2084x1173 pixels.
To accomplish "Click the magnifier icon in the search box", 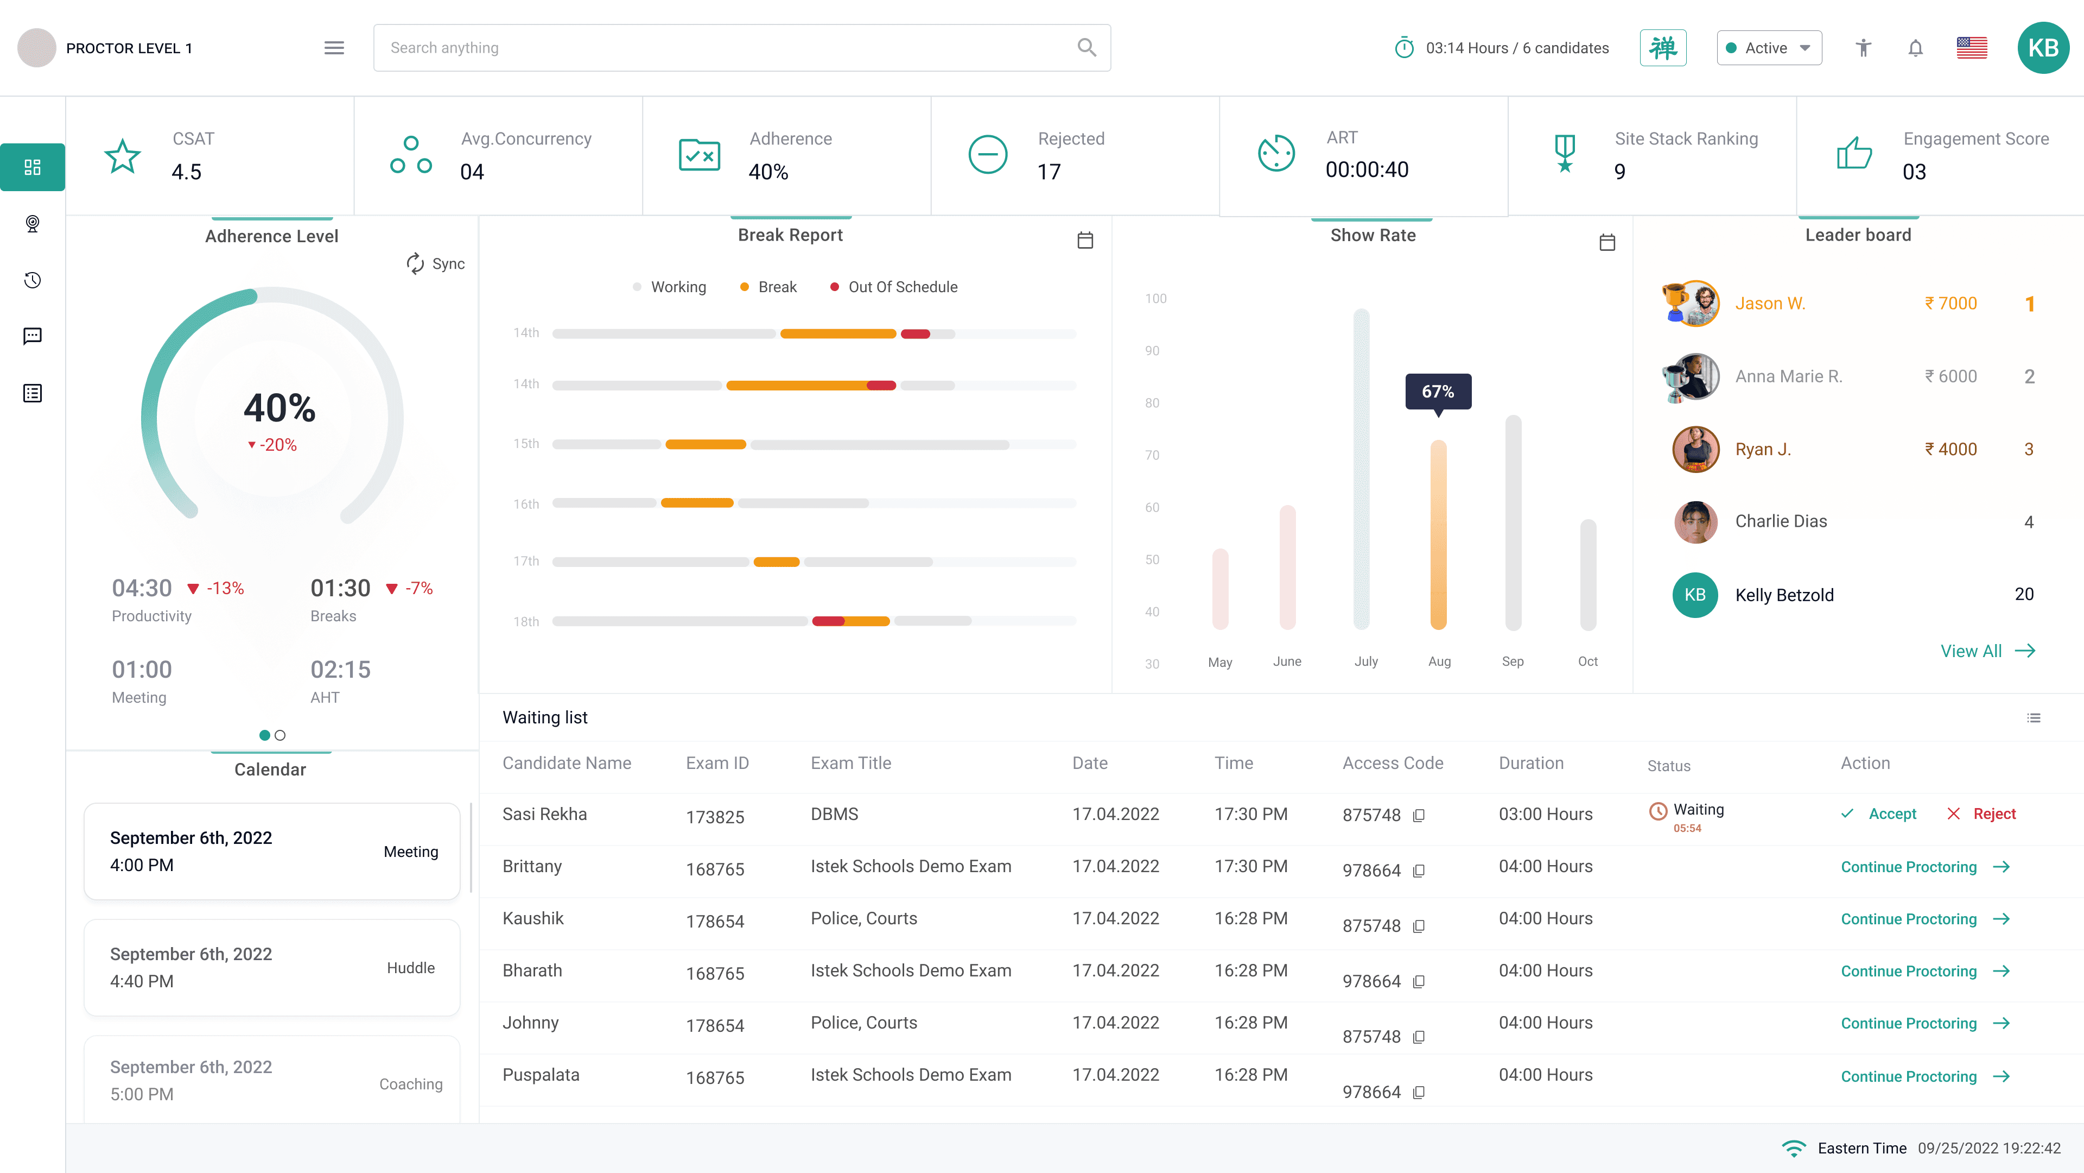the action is pos(1087,48).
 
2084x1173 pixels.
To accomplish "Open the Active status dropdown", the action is pos(1769,48).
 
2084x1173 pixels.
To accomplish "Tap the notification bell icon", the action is pos(1915,48).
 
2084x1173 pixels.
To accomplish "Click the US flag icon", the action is pos(1972,48).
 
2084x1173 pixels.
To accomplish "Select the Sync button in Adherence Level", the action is pos(435,264).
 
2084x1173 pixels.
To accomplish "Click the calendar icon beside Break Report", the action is pos(1085,241).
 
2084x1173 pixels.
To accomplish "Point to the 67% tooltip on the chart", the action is pos(1438,392).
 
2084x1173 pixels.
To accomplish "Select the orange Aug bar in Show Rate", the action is pos(1438,535).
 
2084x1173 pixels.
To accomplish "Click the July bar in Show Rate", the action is pos(1362,470).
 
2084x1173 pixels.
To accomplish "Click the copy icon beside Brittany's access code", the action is pos(1418,871).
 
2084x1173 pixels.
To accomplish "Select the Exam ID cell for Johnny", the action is pos(715,1026).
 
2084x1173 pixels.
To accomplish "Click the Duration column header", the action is pos(1530,764).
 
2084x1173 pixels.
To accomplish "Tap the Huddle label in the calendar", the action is pos(411,968).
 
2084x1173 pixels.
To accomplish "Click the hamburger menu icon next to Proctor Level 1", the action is pos(334,48).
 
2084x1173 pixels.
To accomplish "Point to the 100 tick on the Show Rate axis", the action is pos(1155,299).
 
